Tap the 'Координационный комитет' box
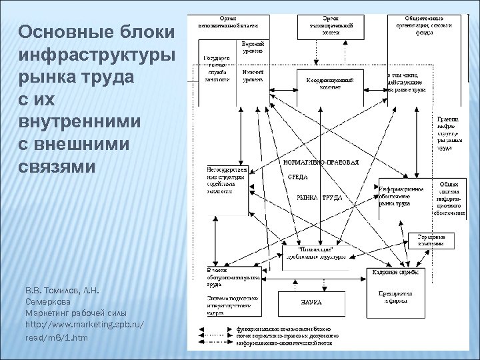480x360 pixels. pos(325,83)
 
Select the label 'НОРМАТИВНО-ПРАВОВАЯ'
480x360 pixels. pos(321,163)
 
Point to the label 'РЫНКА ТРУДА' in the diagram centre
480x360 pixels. pos(319,198)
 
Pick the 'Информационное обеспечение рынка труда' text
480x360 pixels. pos(400,197)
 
